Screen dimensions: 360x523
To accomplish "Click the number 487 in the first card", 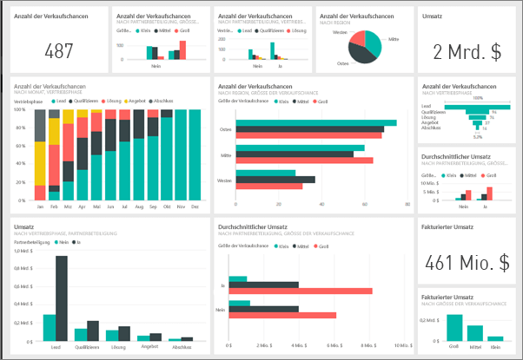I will pyautogui.click(x=59, y=51).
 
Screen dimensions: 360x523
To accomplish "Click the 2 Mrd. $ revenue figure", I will pyautogui.click(x=467, y=51).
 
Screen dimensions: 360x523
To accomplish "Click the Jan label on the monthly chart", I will pyautogui.click(x=40, y=207).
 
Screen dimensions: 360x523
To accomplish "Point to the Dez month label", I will pyautogui.click(x=194, y=207).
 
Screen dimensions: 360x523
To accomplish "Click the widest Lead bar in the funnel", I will pyautogui.click(x=477, y=104).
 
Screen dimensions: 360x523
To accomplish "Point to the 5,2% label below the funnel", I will pyautogui.click(x=477, y=136).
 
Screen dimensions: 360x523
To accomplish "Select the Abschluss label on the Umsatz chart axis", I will pyautogui.click(x=180, y=347).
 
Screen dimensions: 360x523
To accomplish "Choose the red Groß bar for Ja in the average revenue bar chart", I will pyautogui.click(x=304, y=291).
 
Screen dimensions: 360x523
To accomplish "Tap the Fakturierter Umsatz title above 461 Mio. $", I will pyautogui.click(x=447, y=227).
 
